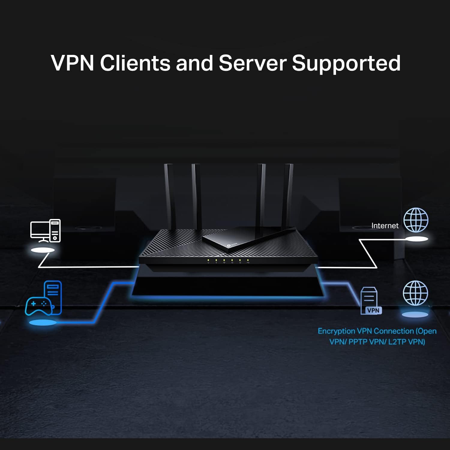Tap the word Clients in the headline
pos(135,63)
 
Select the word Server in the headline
pos(252,63)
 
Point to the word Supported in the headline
pos(346,63)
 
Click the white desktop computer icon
pos(45,231)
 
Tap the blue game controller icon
pos(38,305)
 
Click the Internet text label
pos(385,226)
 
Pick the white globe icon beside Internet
pos(416,220)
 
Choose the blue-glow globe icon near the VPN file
pos(415,293)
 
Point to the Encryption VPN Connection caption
pos(377,336)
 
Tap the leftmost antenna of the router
pos(169,195)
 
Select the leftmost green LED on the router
pos(208,260)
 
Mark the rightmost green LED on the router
pos(248,260)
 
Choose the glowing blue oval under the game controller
pos(42,323)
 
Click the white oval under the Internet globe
pos(417,239)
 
